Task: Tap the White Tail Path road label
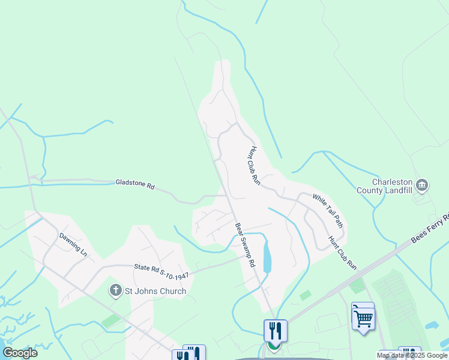[328, 211]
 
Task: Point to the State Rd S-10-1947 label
[161, 270]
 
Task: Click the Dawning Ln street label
[73, 244]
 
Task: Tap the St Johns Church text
[155, 292]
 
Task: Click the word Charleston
[393, 182]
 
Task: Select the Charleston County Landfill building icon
[422, 184]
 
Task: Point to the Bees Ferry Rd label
[429, 229]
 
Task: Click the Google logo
[20, 352]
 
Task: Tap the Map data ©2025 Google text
[411, 355]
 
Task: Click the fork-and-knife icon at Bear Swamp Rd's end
[276, 330]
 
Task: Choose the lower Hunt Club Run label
[342, 253]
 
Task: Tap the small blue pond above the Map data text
[432, 325]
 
